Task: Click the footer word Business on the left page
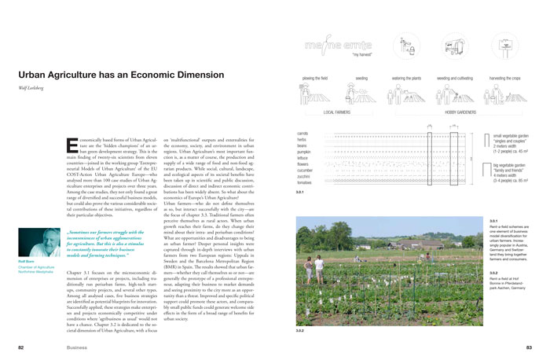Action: (x=77, y=346)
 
